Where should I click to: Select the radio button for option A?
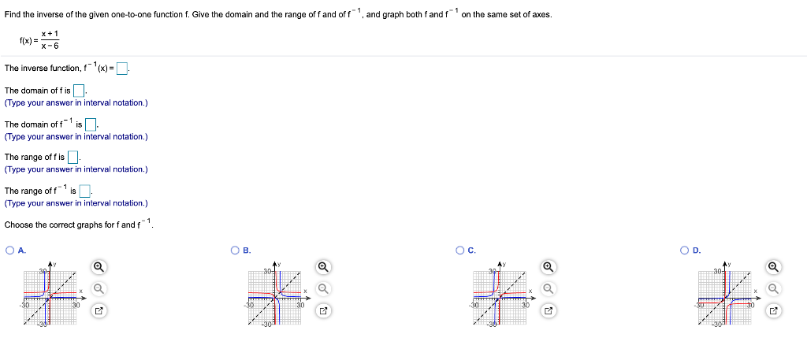click(9, 251)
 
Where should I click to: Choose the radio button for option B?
click(236, 251)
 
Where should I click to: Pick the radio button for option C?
click(461, 251)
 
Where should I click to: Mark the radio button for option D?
click(686, 251)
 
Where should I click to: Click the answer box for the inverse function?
click(122, 68)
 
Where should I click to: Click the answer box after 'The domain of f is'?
click(80, 91)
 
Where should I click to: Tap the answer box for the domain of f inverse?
click(91, 124)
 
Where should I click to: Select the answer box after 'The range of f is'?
click(73, 158)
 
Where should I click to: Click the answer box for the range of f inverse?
click(85, 191)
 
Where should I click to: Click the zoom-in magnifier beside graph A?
click(99, 266)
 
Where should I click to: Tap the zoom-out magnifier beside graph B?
click(323, 288)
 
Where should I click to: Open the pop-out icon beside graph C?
click(549, 310)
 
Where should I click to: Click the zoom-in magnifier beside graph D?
click(773, 266)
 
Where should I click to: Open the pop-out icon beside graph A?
click(99, 310)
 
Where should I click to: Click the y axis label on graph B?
click(278, 262)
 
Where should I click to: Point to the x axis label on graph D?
click(755, 291)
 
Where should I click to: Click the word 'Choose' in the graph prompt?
click(18, 225)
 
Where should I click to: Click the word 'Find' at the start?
click(13, 15)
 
